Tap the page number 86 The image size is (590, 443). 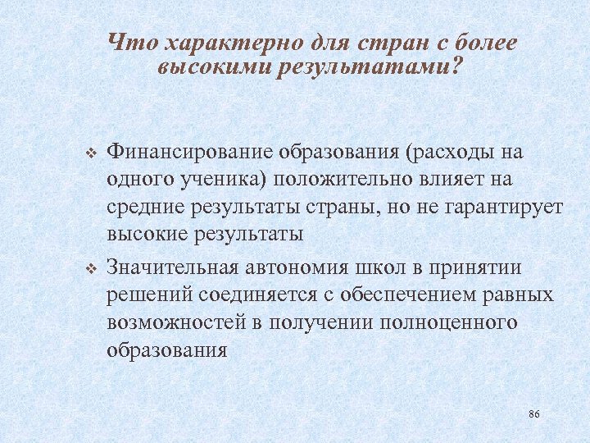click(x=534, y=413)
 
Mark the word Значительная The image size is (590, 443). click(x=172, y=269)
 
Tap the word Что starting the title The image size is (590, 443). click(x=128, y=43)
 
